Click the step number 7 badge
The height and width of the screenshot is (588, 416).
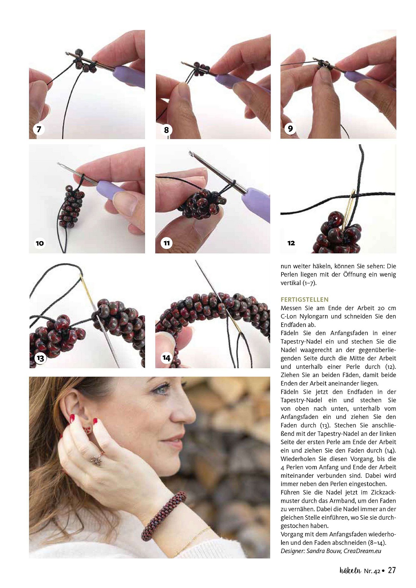[39, 129]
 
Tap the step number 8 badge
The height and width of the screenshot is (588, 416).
[166, 130]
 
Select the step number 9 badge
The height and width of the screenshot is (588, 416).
[290, 128]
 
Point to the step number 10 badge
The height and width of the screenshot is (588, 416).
[40, 243]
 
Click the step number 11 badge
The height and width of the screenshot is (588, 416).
[166, 243]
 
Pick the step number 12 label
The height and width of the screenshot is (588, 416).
[291, 243]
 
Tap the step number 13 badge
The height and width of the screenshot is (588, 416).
[41, 358]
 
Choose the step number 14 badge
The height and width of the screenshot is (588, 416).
[166, 358]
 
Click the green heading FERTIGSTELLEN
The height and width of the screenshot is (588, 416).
[304, 299]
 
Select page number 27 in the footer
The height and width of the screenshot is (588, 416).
[392, 570]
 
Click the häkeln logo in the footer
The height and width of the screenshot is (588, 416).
[350, 570]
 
